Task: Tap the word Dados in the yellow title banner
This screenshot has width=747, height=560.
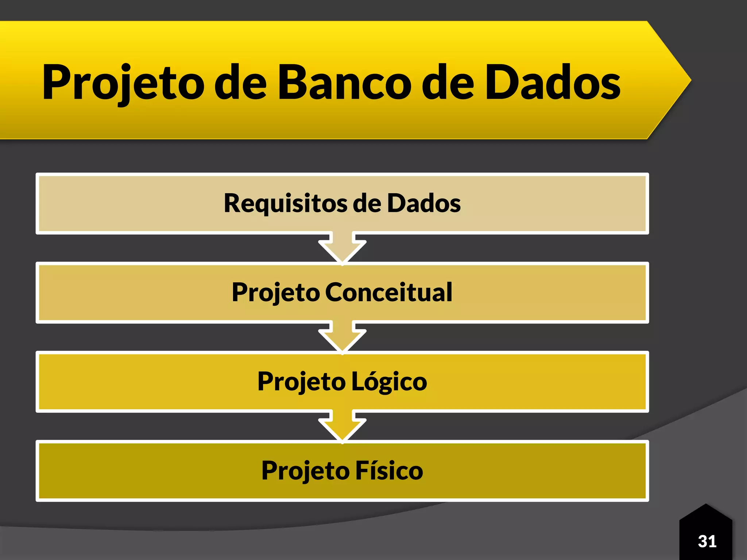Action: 552,83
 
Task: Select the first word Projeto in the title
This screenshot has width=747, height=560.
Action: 123,83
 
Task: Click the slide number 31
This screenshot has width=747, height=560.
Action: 707,541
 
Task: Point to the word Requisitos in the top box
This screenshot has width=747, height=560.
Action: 285,203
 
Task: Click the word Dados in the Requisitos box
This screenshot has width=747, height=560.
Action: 423,203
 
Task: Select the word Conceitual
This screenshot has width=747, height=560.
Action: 388,292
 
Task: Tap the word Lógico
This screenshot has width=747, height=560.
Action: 389,382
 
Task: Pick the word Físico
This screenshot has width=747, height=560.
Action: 389,471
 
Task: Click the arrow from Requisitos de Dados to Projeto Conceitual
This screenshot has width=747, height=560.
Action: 342,248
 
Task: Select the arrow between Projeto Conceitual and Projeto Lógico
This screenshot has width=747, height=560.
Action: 342,337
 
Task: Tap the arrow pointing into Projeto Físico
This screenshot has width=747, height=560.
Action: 342,427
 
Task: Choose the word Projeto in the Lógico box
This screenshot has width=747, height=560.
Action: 301,382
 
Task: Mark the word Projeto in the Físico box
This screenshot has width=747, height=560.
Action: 305,471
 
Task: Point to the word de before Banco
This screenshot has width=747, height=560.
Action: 240,83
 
